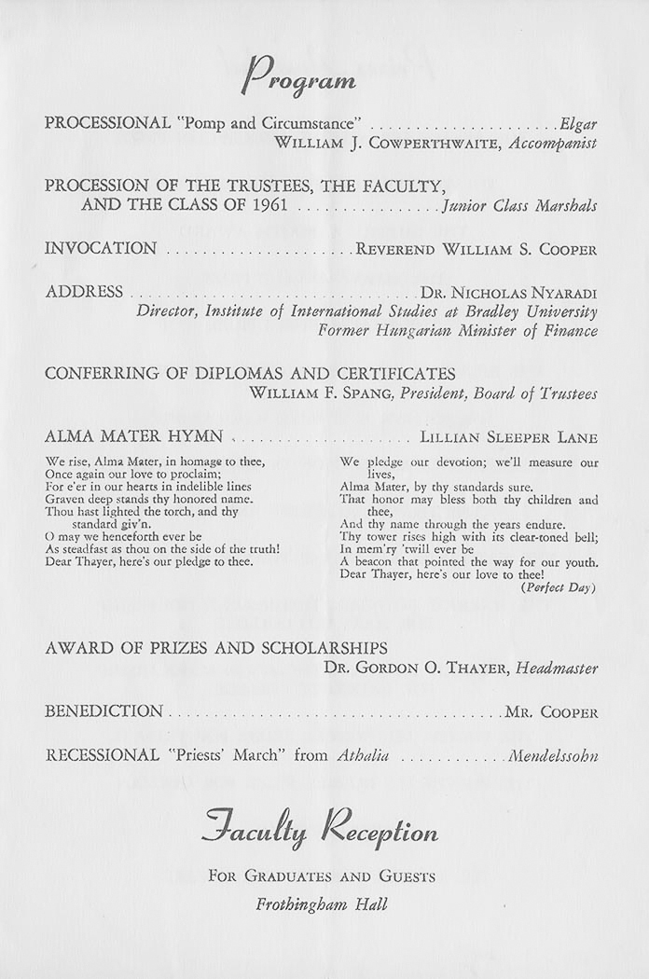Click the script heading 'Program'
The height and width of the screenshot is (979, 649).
(x=298, y=76)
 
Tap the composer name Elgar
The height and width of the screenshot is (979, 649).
(x=578, y=123)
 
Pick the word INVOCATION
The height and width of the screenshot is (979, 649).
(x=101, y=249)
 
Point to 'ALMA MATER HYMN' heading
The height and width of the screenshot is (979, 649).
(x=134, y=436)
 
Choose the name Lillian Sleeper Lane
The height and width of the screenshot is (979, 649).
(x=509, y=437)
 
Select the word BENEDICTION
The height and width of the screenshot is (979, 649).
(x=104, y=711)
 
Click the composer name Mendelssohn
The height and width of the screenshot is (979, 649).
(x=553, y=756)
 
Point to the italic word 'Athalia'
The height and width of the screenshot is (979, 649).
(x=360, y=756)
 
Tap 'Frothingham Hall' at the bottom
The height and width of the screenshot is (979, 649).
(x=322, y=904)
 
